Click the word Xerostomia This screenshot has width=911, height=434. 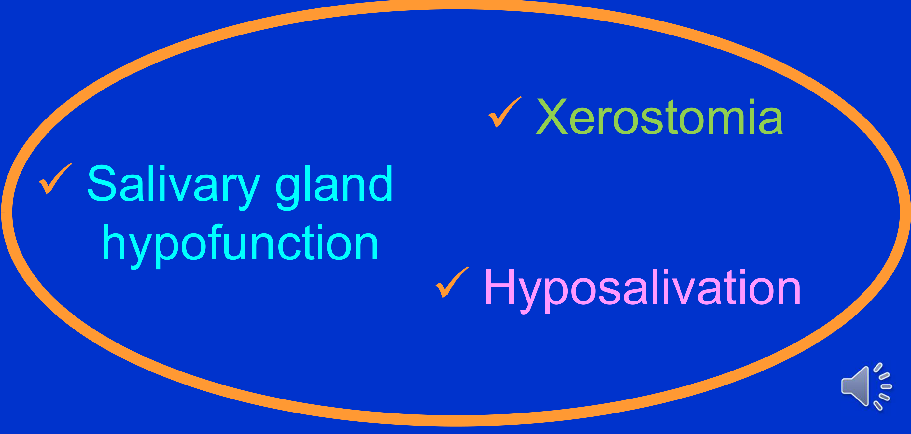click(659, 117)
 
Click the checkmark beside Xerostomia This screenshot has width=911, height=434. click(505, 112)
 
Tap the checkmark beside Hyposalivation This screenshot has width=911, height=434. click(452, 282)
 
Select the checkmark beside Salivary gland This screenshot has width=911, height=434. click(55, 179)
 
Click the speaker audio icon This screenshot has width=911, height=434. click(866, 386)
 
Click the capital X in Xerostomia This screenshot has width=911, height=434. click(552, 116)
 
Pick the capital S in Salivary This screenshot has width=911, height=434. click(102, 183)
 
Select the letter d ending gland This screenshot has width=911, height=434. click(381, 184)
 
